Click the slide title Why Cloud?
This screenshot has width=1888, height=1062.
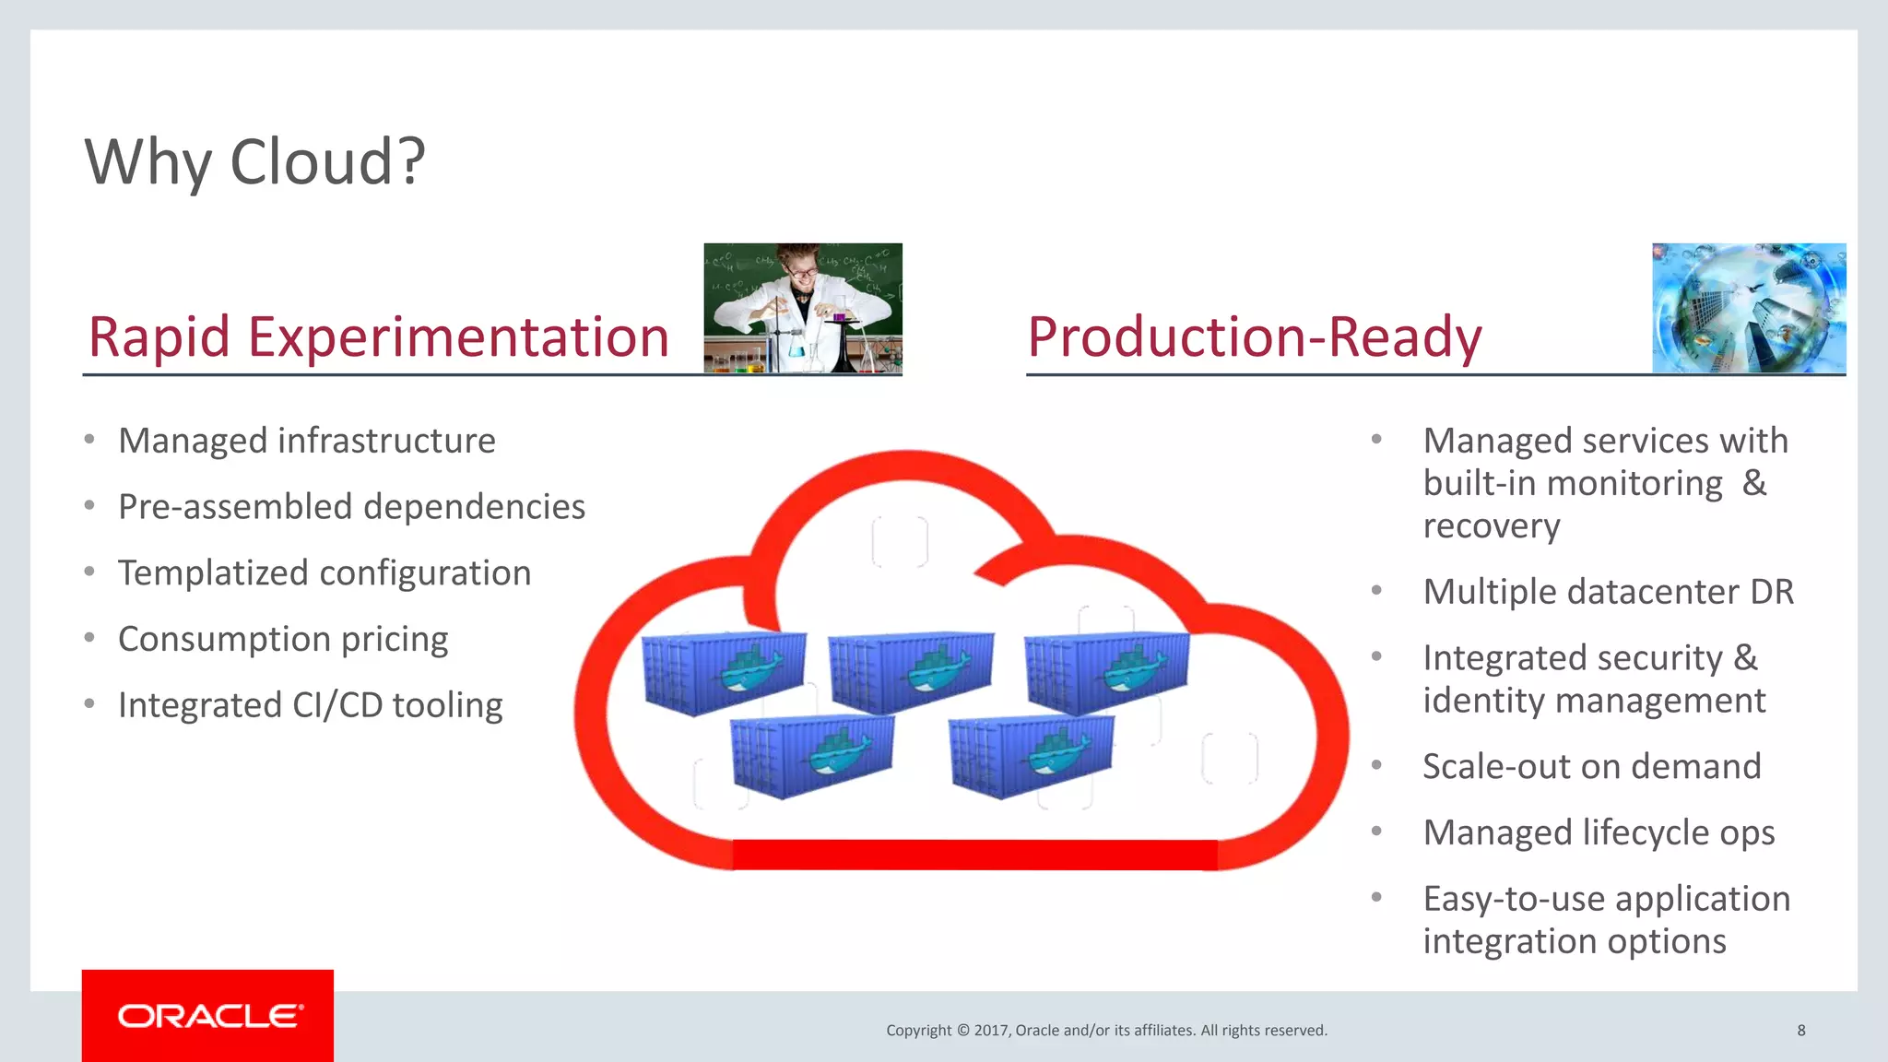[254, 162]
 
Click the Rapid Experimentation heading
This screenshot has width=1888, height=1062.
[378, 337]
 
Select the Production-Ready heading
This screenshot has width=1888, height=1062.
[1254, 337]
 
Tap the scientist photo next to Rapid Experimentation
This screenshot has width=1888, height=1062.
[802, 308]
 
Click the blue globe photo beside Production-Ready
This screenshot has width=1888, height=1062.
[1749, 308]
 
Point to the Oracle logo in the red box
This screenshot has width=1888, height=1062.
[209, 1016]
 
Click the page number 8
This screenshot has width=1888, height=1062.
[1800, 1031]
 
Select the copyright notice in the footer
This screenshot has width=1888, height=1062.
[1106, 1031]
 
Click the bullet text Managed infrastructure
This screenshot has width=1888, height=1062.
[306, 442]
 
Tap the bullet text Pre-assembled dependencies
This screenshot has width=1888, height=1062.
[351, 508]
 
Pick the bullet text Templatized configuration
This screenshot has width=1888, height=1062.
[324, 574]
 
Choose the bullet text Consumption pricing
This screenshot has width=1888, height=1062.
[283, 640]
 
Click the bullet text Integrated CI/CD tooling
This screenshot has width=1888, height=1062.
[310, 706]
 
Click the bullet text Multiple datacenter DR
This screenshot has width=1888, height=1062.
[1608, 592]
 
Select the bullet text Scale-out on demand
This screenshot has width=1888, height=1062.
[1591, 767]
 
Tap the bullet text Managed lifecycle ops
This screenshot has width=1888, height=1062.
[1599, 833]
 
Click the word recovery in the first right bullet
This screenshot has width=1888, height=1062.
[1491, 526]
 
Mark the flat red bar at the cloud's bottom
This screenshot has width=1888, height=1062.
[974, 855]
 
